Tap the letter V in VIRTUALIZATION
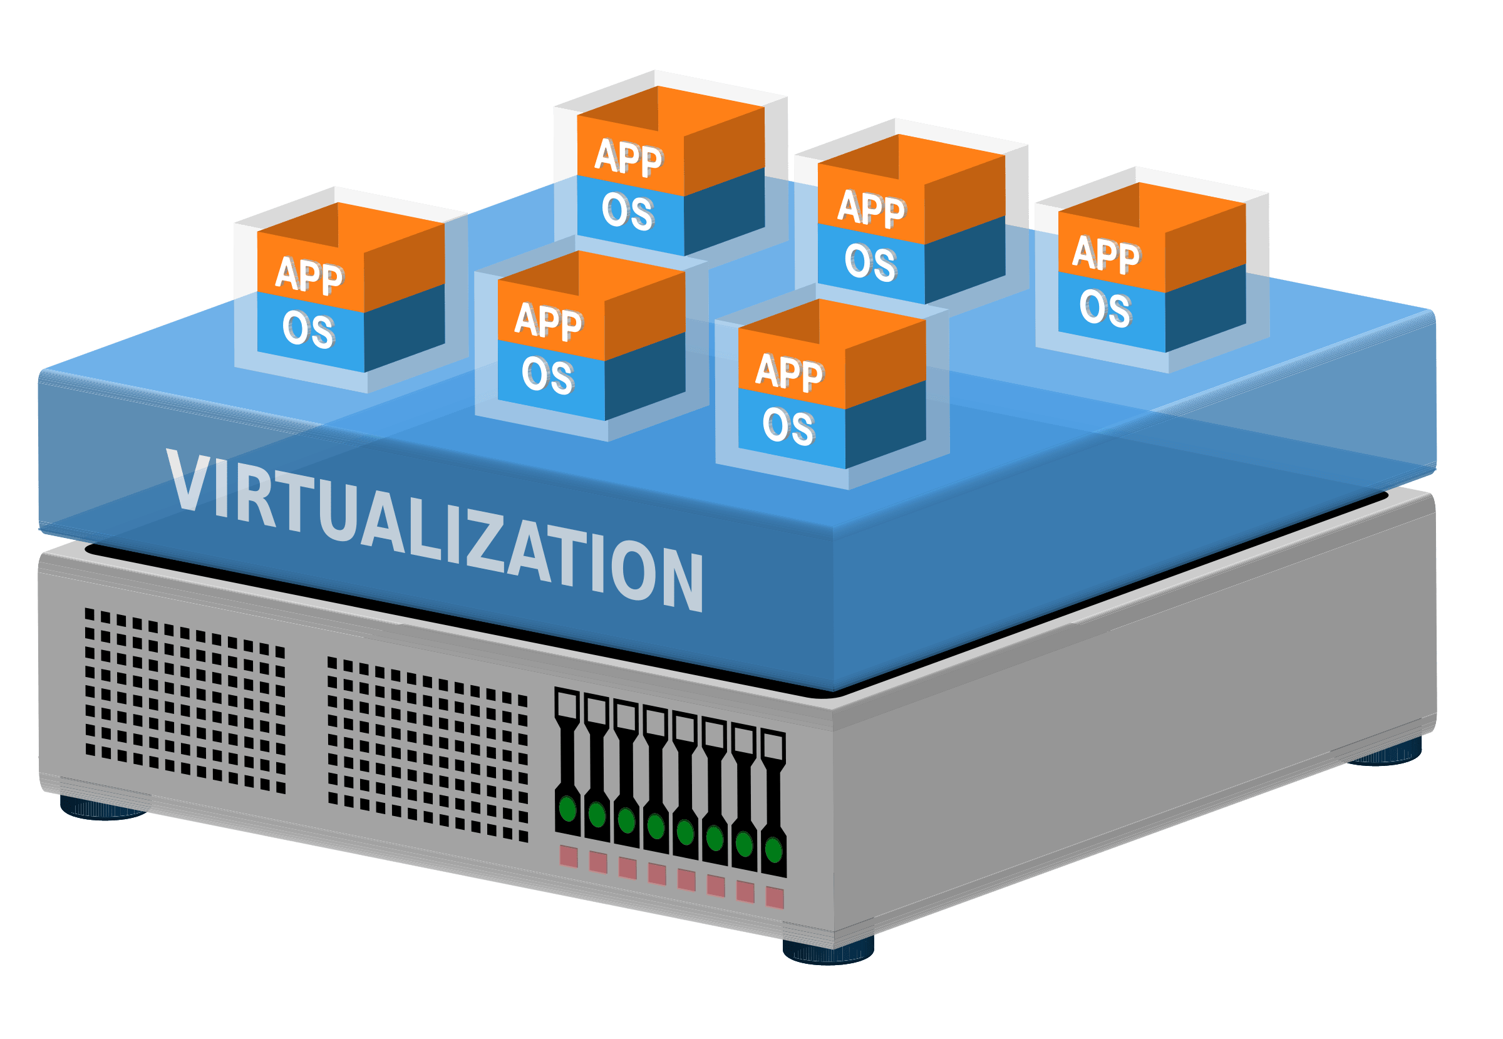point(189,482)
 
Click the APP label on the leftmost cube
point(309,276)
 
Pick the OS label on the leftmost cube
point(309,329)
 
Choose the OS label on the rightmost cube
point(1105,308)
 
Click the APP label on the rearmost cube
point(628,158)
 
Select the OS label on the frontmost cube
point(788,426)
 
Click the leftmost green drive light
point(568,809)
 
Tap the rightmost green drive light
point(773,850)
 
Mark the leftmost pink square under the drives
point(568,856)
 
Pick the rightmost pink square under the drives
point(775,897)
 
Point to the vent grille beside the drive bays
point(428,749)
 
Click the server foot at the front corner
point(828,950)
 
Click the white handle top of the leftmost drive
point(567,704)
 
